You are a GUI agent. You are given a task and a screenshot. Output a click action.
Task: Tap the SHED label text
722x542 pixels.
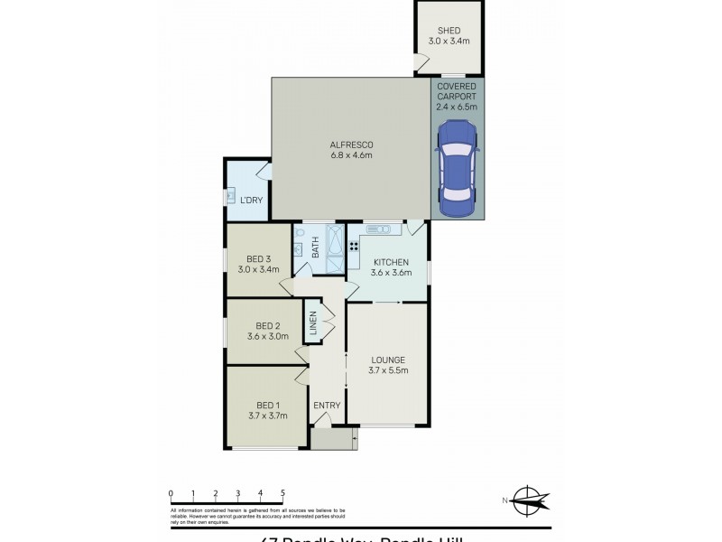click(x=449, y=30)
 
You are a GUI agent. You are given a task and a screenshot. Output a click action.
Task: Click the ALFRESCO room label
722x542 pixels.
click(x=352, y=145)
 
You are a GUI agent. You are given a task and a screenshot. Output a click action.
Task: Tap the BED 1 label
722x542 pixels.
click(x=267, y=405)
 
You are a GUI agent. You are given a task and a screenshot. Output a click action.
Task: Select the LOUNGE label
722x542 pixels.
click(x=388, y=360)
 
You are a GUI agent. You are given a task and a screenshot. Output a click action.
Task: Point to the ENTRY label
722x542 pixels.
click(x=327, y=406)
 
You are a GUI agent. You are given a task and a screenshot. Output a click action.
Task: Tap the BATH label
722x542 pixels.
click(x=316, y=246)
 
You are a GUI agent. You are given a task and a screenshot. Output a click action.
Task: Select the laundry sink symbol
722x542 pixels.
click(x=230, y=196)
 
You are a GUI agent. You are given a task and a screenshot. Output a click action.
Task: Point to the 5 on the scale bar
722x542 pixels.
click(x=283, y=492)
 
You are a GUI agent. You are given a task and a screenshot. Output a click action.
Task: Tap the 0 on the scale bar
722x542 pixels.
click(x=171, y=492)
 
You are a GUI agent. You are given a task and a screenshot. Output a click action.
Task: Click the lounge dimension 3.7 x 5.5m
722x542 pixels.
click(x=388, y=370)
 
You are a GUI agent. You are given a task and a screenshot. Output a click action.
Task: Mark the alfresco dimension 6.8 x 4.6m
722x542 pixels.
click(x=352, y=155)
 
